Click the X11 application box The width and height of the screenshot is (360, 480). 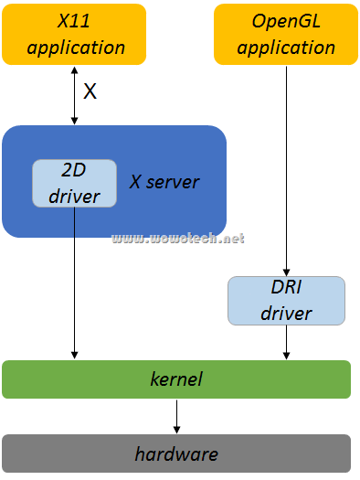tap(74, 34)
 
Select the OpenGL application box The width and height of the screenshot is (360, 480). tap(288, 34)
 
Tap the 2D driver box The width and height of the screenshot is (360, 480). tap(74, 183)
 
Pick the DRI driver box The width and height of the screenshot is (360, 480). tap(286, 300)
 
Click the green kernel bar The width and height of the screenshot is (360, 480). tap(176, 379)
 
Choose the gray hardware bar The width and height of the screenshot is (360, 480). tap(176, 453)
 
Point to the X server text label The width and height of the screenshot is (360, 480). tap(164, 182)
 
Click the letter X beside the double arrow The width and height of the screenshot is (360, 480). tap(90, 91)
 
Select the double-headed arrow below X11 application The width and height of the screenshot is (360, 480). tap(74, 95)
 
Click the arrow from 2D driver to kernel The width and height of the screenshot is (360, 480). tap(74, 283)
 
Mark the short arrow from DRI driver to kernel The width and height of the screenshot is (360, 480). tap(287, 342)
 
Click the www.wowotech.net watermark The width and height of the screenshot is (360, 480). tap(178, 239)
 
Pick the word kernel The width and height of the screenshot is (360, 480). tap(176, 379)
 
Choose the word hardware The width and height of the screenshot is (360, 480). tap(176, 453)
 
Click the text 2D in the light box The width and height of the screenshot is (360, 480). tap(74, 171)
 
